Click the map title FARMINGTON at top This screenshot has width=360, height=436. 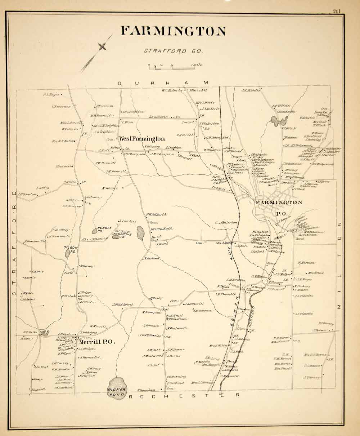[x=173, y=31]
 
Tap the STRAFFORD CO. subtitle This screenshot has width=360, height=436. [x=174, y=51]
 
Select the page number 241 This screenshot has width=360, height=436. [x=337, y=11]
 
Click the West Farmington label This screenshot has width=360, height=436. [x=142, y=139]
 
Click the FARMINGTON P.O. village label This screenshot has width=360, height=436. [x=279, y=206]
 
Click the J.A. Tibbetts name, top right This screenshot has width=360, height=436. [x=251, y=90]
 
